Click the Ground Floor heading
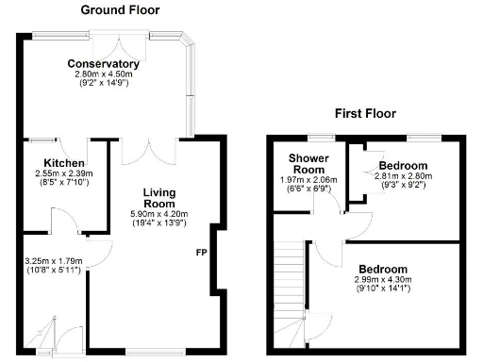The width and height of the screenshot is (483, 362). [120, 10]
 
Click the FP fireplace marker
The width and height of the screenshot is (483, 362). [202, 253]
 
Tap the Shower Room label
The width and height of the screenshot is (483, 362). [308, 163]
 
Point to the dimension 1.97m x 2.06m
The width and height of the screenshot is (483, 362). [308, 180]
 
